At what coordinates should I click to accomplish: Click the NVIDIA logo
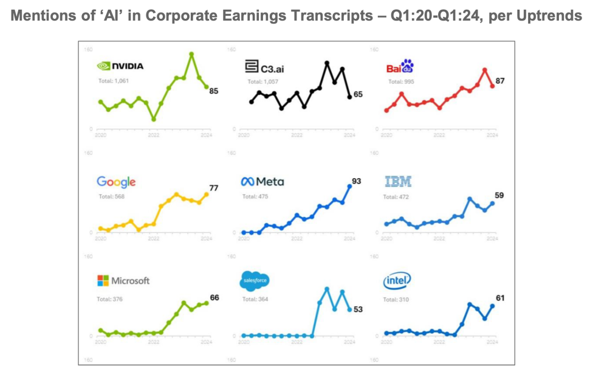(120, 66)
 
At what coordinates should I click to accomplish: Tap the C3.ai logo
(264, 67)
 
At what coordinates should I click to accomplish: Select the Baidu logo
(400, 66)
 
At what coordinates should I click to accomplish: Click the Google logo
(116, 182)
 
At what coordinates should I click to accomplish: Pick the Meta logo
(262, 182)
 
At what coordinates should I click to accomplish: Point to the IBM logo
(398, 182)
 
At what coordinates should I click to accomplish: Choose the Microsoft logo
(123, 281)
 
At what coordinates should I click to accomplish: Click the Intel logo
(397, 281)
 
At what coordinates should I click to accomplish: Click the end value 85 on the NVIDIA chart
(214, 91)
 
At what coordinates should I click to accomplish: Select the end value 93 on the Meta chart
(357, 181)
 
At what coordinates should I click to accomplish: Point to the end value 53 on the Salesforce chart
(358, 309)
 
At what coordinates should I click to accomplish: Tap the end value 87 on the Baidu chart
(500, 80)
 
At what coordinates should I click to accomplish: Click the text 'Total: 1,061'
(114, 81)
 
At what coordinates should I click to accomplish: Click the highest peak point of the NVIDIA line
(191, 54)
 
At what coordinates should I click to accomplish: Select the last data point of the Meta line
(349, 186)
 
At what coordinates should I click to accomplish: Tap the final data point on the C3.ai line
(349, 97)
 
